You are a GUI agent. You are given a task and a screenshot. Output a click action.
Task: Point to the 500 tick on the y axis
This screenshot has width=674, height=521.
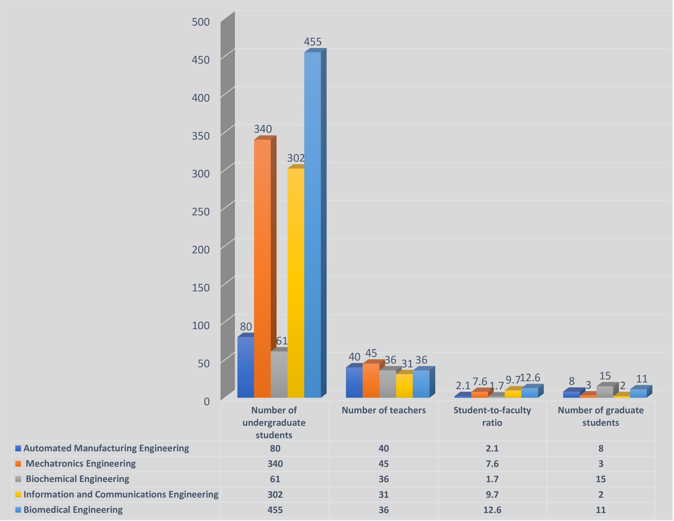click(201, 22)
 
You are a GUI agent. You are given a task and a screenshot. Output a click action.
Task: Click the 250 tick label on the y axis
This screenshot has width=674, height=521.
click(201, 212)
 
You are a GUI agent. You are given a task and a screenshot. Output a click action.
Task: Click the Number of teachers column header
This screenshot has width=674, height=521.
click(384, 410)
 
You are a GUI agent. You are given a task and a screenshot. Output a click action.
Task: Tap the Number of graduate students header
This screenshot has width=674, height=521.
click(601, 416)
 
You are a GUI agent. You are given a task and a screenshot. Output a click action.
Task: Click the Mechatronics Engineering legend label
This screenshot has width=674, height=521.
click(81, 464)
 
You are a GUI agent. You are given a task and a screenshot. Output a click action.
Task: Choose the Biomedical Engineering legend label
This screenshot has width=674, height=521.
click(73, 510)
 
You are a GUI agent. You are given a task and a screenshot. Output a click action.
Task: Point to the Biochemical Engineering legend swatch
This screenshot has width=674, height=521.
click(18, 479)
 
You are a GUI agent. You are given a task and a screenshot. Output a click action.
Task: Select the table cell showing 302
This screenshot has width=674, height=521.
click(275, 494)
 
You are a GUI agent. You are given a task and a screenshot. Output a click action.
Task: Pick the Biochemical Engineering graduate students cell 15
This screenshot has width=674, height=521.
click(601, 479)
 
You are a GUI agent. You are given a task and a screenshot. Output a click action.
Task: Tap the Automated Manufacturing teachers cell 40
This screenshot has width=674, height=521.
click(384, 448)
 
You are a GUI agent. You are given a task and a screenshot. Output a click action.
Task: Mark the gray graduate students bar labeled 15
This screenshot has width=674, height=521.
click(604, 392)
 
